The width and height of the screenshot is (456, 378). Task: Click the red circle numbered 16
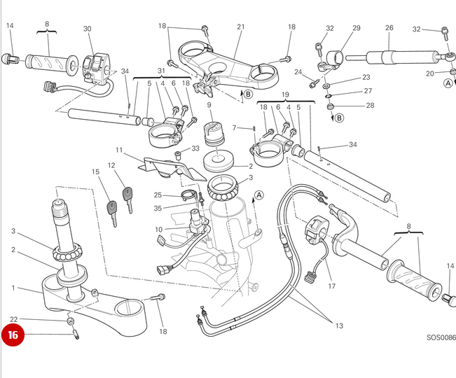pos(13,335)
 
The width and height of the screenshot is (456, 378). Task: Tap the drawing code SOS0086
pos(441,337)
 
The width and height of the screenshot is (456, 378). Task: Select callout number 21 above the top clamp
pos(241,27)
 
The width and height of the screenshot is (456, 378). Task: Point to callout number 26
pos(389,29)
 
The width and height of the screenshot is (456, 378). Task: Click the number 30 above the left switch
pos(88,29)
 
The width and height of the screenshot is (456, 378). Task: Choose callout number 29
pos(356,28)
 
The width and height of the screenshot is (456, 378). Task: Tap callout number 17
pos(331,286)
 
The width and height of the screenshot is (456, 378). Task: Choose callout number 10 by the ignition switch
pos(159,229)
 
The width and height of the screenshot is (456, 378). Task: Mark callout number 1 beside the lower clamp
pos(13,288)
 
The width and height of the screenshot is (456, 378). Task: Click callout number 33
pos(195,148)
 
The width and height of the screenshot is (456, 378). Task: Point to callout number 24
pos(298,72)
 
